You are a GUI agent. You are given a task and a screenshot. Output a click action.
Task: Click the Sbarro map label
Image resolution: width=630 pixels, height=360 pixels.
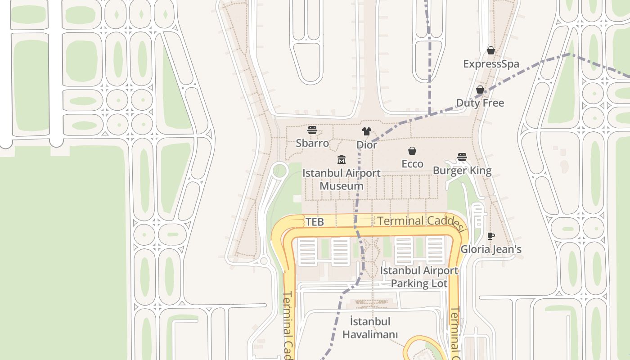(x=312, y=143)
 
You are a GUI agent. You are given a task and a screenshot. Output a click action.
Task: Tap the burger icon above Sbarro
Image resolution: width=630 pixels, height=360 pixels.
(x=312, y=130)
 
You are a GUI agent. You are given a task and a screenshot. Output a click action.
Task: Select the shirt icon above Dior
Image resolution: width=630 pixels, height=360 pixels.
(x=367, y=131)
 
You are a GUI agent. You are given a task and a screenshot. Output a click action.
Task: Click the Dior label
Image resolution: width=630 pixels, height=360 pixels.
(x=367, y=145)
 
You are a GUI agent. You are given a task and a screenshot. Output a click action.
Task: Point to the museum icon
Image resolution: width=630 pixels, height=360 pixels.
(x=341, y=160)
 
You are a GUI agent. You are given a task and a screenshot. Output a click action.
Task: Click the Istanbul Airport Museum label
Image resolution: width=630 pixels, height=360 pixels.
(x=341, y=180)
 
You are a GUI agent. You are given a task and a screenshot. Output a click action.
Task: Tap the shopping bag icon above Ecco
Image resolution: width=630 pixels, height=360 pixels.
(x=412, y=151)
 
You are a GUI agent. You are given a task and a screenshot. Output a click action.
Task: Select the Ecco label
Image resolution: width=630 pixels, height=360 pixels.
(x=412, y=164)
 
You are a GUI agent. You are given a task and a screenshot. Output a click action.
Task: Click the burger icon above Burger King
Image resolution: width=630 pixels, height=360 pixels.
(x=462, y=157)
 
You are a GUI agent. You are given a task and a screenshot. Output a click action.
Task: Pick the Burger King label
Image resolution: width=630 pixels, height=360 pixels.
(x=462, y=171)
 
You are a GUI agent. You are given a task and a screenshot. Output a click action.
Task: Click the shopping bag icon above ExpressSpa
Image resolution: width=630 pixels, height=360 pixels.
(x=491, y=50)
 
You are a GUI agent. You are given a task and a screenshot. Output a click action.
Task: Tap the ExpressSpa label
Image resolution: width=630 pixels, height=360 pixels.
(x=491, y=64)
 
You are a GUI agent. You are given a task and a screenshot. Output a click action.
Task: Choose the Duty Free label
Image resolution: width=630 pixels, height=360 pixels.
(x=480, y=103)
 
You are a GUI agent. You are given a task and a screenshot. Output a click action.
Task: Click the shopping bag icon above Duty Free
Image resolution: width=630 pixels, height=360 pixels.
(x=480, y=90)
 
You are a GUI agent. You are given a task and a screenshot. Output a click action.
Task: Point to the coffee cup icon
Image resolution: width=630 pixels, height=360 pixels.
(x=491, y=236)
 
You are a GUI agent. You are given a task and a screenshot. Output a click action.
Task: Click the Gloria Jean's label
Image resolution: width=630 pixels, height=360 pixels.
(x=491, y=249)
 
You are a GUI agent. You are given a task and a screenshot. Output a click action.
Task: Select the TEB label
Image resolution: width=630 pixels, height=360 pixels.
(x=315, y=222)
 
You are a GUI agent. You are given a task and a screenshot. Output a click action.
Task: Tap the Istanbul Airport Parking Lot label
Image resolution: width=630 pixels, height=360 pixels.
(x=419, y=277)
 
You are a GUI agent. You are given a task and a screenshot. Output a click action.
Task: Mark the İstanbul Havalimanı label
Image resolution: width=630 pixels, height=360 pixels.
(x=370, y=328)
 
